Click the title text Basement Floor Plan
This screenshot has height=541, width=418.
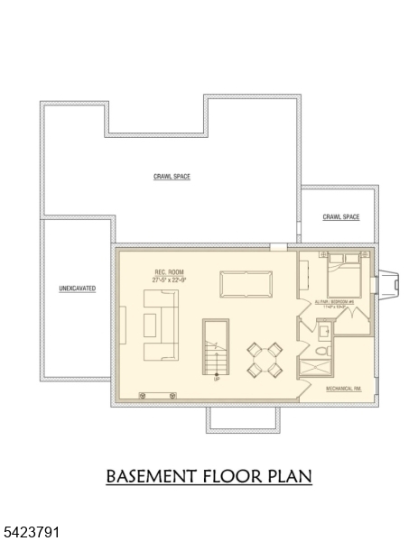[209, 475]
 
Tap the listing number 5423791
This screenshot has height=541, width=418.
[32, 533]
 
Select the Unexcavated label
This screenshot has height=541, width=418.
[77, 289]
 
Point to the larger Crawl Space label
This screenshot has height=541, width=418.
[172, 177]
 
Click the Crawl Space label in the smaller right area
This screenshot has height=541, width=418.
[341, 217]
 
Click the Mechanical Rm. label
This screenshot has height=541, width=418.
[343, 390]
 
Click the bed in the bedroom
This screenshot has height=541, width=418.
[344, 276]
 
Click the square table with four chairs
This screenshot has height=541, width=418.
[266, 360]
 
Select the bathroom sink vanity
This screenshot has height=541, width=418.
[324, 328]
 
